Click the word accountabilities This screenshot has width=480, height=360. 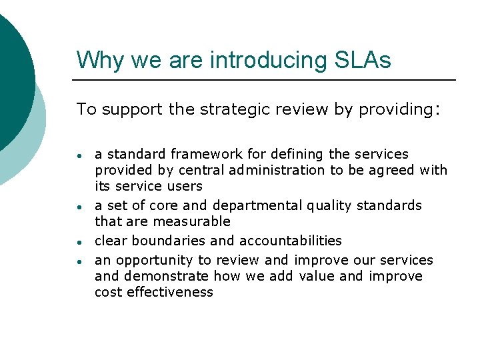click(x=290, y=241)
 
